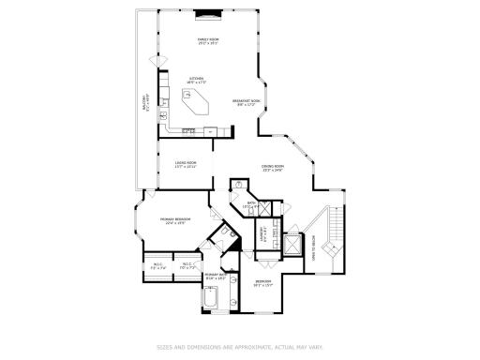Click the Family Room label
click(207, 40)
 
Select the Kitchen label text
click(198, 80)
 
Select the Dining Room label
click(273, 168)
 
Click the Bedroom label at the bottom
click(263, 283)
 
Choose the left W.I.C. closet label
click(158, 266)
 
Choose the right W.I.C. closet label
click(187, 266)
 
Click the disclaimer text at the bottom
click(239, 346)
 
